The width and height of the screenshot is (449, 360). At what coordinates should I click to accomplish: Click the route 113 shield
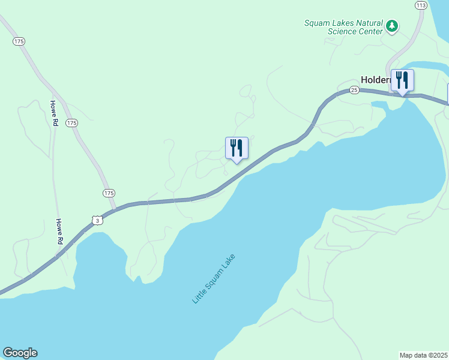point(421,5)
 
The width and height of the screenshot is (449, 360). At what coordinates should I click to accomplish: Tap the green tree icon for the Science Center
point(392,25)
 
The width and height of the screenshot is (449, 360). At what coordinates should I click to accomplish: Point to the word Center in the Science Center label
point(370,31)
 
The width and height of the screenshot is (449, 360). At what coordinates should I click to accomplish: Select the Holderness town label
point(376,79)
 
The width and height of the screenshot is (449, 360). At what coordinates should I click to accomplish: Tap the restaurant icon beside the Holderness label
point(402,79)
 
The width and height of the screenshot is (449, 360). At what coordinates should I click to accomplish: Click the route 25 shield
point(354,90)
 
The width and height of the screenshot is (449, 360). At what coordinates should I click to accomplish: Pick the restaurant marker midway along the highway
point(237,148)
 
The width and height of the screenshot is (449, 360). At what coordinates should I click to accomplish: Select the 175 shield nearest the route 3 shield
point(109,193)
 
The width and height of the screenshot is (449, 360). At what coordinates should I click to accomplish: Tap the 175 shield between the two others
point(72,123)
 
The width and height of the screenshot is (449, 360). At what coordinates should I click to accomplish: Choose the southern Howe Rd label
point(59,230)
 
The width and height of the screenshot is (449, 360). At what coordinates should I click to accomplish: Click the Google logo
point(20,353)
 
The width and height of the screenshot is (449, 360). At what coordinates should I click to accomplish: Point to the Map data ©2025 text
point(424,355)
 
